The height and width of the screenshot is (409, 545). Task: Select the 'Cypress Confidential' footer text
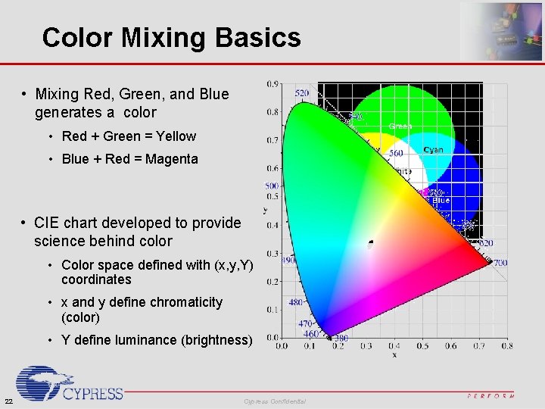point(275,401)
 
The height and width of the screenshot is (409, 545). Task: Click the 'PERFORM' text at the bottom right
point(490,395)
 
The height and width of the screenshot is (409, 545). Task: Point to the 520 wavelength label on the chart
point(301,93)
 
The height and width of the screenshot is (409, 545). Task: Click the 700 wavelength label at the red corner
point(500,263)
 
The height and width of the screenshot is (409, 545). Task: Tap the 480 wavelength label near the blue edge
point(295,302)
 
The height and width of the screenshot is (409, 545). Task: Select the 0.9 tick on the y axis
point(272,84)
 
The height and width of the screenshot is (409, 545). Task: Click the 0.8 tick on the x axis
point(506,345)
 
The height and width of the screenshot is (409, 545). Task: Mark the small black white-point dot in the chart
point(370,244)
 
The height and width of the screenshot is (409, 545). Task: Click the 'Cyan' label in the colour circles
point(434,150)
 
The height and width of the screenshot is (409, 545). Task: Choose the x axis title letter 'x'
point(394,354)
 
